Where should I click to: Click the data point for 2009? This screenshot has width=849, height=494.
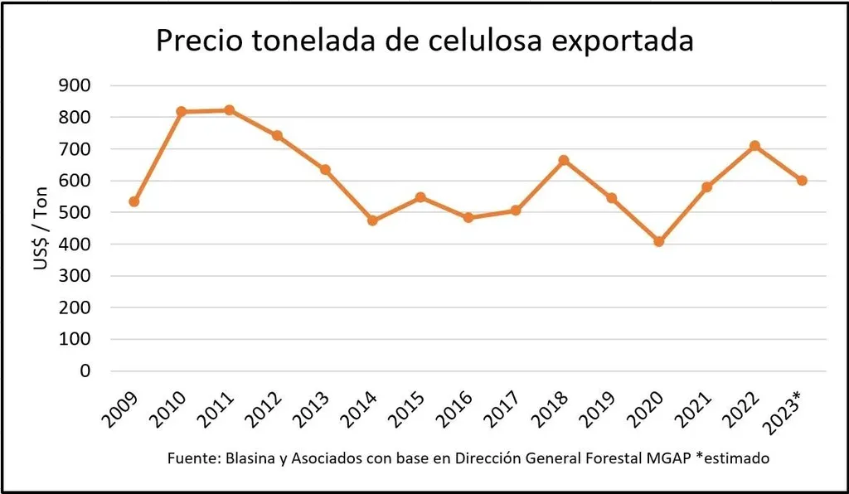point(134,201)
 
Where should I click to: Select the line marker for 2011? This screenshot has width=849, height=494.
point(230,110)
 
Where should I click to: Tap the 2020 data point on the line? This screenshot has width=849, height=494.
point(659,242)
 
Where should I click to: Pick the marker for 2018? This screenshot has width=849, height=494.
point(564,160)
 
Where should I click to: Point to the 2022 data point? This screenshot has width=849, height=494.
point(754,146)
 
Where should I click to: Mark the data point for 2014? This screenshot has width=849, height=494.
point(372,220)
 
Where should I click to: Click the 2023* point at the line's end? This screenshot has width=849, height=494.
point(802,181)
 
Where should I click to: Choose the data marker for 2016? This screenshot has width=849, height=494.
point(468,218)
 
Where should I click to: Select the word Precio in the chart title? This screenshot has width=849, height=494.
point(197,41)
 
